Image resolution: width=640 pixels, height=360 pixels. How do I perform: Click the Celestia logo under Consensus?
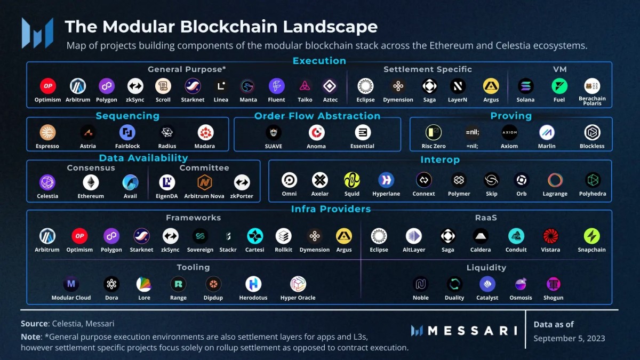47,182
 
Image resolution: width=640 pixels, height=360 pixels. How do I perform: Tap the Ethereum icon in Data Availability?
91,182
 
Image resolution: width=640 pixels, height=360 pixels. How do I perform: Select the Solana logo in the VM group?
525,86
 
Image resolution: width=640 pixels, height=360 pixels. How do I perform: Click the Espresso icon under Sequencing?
47,132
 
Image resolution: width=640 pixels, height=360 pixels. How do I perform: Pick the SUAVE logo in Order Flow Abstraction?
274,132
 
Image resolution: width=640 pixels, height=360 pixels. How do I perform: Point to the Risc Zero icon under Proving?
433,132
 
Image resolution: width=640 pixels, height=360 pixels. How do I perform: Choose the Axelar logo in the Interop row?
320,180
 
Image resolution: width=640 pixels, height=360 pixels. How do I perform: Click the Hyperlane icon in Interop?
386,180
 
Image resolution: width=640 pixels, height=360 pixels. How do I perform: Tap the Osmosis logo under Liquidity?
521,284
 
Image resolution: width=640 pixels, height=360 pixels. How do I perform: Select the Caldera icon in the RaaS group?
481,236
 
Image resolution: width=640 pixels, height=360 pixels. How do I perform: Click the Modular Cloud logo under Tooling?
71,284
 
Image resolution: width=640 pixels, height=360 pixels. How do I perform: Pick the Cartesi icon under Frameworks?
255,236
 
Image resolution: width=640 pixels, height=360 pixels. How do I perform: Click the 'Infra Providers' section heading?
331,209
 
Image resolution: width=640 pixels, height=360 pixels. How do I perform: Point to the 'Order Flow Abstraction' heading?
317,116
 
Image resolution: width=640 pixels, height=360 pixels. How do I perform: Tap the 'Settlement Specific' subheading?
428,69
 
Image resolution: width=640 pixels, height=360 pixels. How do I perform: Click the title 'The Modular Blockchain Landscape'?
221,27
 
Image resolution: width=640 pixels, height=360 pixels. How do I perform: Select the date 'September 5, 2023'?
569,338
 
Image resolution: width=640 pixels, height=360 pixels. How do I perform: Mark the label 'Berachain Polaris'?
592,101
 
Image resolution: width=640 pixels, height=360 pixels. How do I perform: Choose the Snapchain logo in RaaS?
591,236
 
